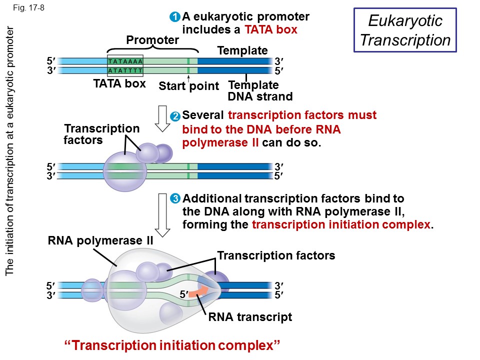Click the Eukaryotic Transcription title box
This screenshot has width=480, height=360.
(x=405, y=30)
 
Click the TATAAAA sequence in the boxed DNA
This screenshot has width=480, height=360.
(x=125, y=61)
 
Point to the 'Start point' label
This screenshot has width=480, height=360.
(x=188, y=86)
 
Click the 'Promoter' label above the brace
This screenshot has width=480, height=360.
(x=152, y=40)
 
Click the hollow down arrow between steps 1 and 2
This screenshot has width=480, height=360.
(x=163, y=117)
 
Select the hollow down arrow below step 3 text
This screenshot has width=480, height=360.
(x=163, y=214)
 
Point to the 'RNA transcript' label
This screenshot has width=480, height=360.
(x=250, y=317)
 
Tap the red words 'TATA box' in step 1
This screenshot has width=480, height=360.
(x=271, y=30)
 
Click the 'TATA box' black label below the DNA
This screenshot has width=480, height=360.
(x=119, y=83)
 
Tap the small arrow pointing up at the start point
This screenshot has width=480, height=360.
(x=188, y=77)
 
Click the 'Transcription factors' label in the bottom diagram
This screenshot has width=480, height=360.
(x=276, y=256)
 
